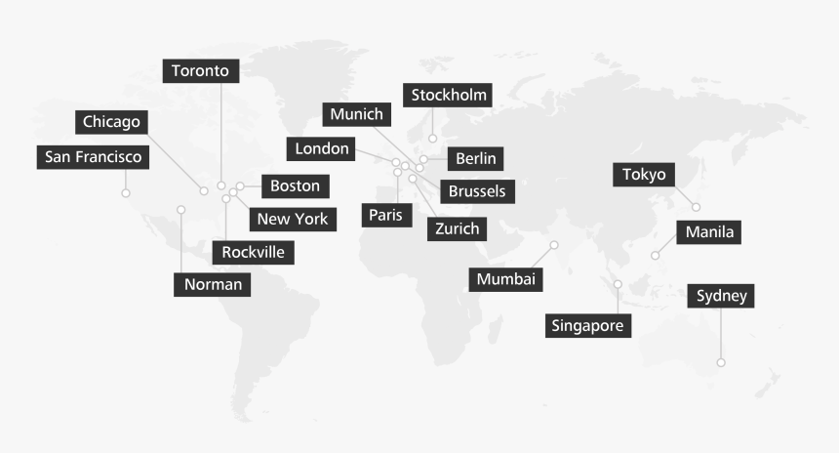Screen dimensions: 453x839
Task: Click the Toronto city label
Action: (200, 71)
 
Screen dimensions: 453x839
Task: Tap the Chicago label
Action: (112, 123)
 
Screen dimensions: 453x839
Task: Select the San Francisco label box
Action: (94, 157)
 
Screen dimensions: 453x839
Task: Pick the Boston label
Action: (295, 185)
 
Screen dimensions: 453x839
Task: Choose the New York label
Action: (293, 219)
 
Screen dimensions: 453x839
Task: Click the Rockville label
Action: (253, 252)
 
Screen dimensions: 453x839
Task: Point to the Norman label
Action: (212, 284)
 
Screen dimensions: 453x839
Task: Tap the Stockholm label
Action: (448, 95)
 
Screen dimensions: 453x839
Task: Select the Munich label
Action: (357, 114)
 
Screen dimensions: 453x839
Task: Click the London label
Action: (321, 148)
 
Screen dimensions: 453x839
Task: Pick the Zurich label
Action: (457, 228)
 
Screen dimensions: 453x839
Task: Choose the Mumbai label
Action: (505, 279)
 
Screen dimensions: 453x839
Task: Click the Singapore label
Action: (587, 325)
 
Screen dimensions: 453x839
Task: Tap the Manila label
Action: (709, 232)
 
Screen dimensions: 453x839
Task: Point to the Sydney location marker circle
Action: (721, 362)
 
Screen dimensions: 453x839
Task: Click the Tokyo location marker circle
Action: (696, 207)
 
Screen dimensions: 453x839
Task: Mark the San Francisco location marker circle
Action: (126, 193)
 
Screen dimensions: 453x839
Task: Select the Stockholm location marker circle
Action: (432, 139)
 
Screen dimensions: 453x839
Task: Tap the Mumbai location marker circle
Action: (554, 245)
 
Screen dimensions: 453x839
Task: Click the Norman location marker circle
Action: (180, 210)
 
